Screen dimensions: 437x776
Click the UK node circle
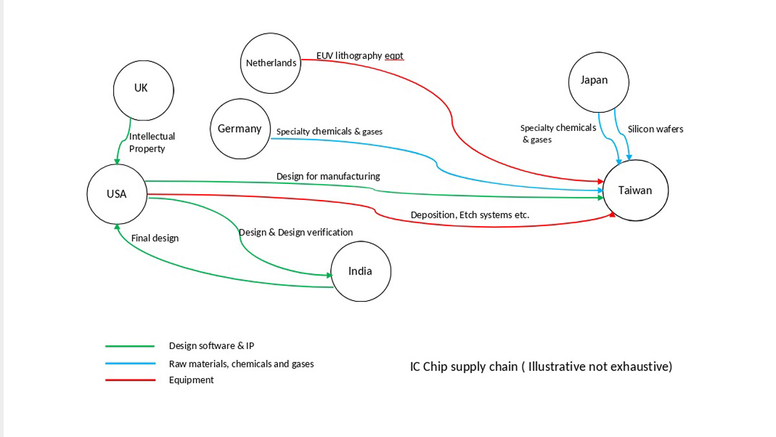tap(143, 90)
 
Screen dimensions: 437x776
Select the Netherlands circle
tap(271, 63)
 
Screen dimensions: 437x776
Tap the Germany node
tap(240, 129)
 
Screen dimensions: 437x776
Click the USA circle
tap(117, 194)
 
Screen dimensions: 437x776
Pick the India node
tap(360, 272)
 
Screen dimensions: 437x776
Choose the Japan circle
tap(599, 81)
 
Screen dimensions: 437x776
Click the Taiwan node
tap(634, 190)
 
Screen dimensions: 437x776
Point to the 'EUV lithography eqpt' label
tap(360, 56)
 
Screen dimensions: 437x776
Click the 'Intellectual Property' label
tap(152, 142)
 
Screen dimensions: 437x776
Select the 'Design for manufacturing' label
tap(328, 176)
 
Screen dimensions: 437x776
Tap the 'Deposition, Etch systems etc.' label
tap(469, 215)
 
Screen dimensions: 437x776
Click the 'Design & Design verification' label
tap(296, 232)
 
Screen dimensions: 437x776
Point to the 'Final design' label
tap(155, 238)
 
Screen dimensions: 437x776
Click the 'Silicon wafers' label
tap(655, 129)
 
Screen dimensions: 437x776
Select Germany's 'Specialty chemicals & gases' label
tap(329, 132)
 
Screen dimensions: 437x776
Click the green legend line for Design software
tap(130, 346)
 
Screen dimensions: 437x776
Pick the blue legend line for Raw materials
tap(130, 364)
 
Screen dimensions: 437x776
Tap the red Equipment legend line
tap(130, 380)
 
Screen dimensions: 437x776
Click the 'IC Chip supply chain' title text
tap(541, 366)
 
